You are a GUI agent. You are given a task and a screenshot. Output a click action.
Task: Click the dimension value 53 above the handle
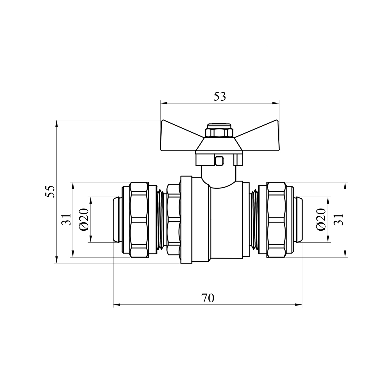pyautogui.click(x=220, y=96)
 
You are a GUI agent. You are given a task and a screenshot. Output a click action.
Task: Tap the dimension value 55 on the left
pyautogui.click(x=51, y=191)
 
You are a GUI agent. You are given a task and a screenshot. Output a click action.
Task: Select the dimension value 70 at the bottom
pyautogui.click(x=208, y=298)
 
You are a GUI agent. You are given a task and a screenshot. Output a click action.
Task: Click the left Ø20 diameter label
pyautogui.click(x=84, y=219)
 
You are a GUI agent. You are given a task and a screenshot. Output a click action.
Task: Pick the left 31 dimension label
pyautogui.click(x=66, y=219)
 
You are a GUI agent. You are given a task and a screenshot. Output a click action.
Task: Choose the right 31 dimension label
pyautogui.click(x=339, y=219)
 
